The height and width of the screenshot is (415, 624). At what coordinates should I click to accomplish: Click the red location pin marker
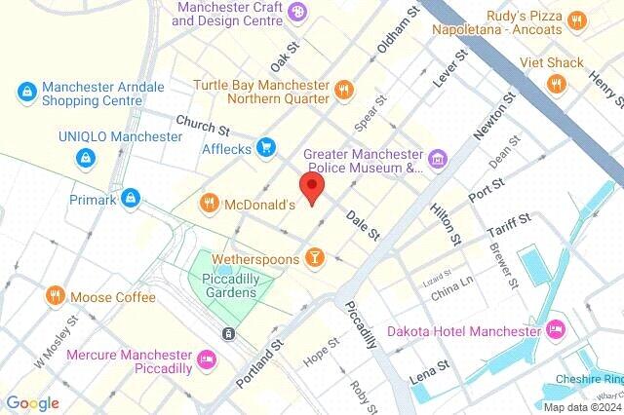(312, 189)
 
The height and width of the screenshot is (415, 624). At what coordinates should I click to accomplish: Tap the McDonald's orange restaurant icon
(209, 205)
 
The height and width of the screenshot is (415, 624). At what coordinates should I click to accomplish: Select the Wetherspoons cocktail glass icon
(314, 257)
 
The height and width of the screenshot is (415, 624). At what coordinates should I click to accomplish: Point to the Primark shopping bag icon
(131, 200)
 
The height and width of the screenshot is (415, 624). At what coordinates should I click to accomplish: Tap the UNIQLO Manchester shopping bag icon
(88, 156)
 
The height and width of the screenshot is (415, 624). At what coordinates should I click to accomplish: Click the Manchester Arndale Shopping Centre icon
(26, 94)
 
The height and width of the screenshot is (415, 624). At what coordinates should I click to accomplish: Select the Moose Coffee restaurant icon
(55, 295)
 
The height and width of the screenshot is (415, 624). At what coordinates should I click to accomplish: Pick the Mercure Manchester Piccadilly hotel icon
(206, 359)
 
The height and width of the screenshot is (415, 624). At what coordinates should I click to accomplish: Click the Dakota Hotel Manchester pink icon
(556, 328)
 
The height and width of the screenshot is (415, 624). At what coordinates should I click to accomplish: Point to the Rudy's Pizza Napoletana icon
(577, 20)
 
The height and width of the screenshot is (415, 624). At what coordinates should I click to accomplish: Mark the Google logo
(32, 403)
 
